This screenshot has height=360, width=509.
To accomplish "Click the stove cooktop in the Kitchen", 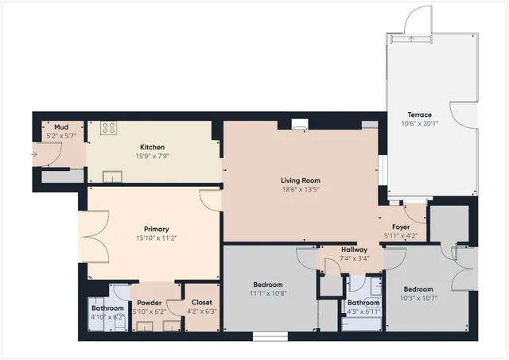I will point(108,127).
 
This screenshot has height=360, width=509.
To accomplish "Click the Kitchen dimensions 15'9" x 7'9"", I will point(153,157).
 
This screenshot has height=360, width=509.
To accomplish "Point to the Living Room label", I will point(300,180).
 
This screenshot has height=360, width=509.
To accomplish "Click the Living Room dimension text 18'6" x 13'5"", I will point(300,190).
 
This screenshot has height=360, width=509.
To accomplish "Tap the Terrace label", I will point(419,115).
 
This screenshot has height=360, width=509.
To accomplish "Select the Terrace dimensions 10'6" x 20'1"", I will point(419,124).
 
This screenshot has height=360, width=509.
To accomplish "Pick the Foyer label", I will point(401,226).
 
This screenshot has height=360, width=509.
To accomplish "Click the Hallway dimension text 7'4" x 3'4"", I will point(355,258).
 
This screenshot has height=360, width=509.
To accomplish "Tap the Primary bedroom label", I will point(156,229).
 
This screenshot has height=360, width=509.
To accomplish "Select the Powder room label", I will point(150,303).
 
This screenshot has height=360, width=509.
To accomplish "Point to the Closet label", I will point(201,303).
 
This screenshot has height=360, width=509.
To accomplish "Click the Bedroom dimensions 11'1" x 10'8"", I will point(270,293).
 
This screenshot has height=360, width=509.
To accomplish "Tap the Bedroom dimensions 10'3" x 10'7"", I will point(418,298).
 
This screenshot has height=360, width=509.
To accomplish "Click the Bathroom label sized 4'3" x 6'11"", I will point(363,303).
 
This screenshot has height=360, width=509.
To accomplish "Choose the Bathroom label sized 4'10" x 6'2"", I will point(107,308).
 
